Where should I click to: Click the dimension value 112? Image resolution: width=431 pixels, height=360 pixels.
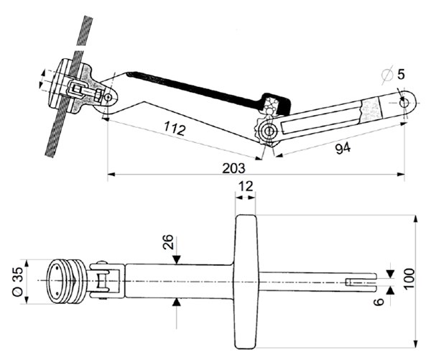coord(175,130)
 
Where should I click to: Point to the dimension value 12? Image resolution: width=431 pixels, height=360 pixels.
coord(246,186)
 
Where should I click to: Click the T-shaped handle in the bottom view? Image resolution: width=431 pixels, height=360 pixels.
coord(246,280)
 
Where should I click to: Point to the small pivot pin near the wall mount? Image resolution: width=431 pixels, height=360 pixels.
coord(108,97)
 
